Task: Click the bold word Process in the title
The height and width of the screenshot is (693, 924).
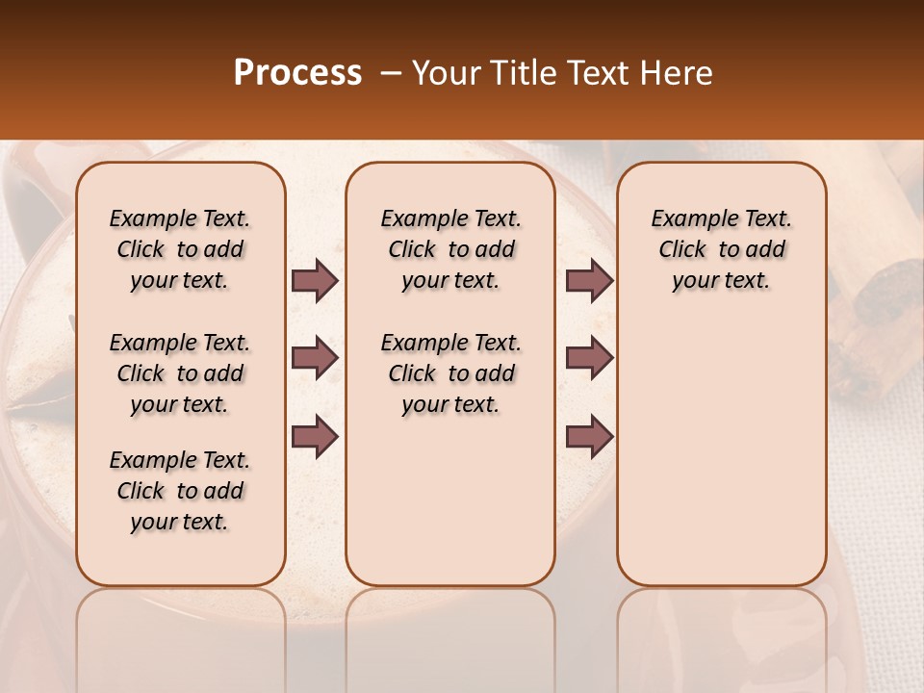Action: coord(297,73)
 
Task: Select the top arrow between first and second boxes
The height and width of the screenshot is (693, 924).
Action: coord(315,281)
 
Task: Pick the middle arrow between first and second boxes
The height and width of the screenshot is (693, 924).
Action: coord(315,359)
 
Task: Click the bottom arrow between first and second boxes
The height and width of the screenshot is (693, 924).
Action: coord(315,436)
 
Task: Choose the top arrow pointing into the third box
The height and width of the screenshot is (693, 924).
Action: coord(589,281)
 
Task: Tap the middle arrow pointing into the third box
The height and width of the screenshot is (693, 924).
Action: coord(589,359)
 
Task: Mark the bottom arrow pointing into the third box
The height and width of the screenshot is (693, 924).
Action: coord(589,436)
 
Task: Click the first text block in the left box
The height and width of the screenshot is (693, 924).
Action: coord(180,249)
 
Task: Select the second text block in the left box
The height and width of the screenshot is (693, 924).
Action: coord(180,373)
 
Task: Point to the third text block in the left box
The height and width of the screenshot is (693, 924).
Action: coord(180,491)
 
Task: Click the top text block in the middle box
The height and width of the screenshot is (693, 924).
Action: coord(450,249)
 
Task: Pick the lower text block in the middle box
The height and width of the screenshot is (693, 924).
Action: coord(450,373)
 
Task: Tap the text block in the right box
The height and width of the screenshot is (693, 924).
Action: coord(721,249)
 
